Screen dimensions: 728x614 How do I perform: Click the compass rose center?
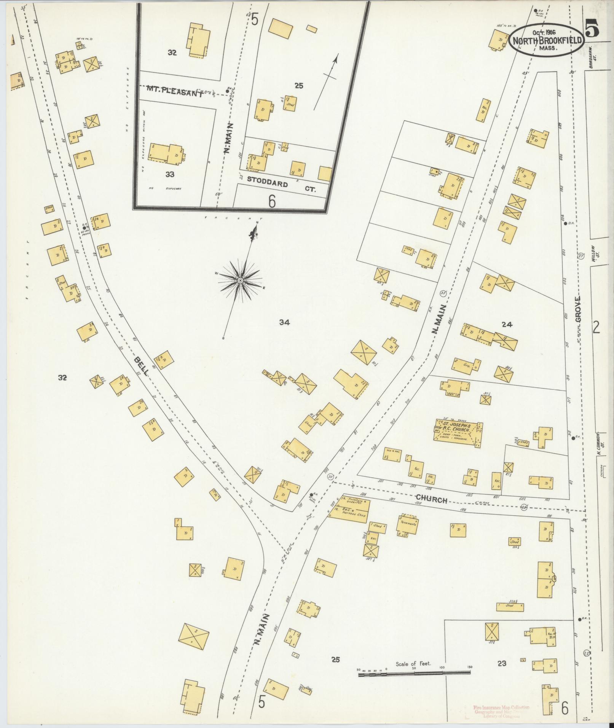240,280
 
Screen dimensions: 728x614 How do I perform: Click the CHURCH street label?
431,499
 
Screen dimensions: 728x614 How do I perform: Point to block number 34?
284,323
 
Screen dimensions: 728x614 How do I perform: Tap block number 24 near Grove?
507,325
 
